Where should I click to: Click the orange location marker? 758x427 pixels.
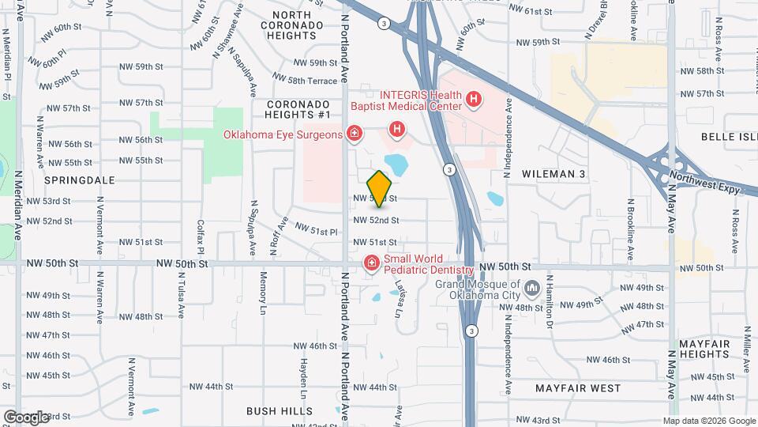[x=380, y=188]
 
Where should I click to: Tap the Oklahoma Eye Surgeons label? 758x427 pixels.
[x=283, y=134]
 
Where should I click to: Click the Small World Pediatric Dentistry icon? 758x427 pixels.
[x=371, y=263]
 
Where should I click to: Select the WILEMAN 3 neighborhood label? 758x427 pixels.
[x=553, y=173]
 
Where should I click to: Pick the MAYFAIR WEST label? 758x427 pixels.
[x=578, y=388]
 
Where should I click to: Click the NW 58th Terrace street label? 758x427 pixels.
[x=313, y=81]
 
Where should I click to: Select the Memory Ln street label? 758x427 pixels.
[x=263, y=290]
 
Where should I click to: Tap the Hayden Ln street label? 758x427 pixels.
[x=302, y=379]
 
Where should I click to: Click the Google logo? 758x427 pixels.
[x=26, y=417]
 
